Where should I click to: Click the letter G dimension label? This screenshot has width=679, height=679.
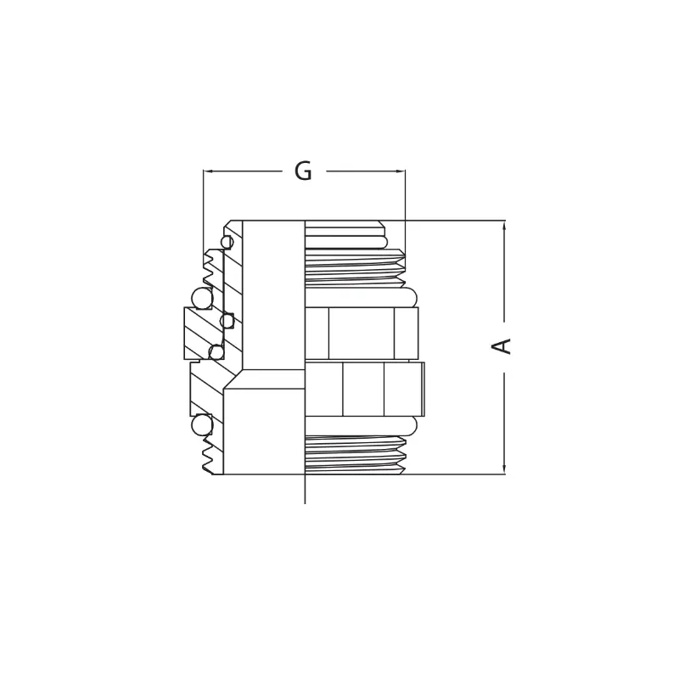pos(303,171)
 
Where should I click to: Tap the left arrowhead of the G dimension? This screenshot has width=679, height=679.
pos(207,171)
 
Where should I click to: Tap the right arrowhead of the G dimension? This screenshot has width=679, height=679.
pos(401,171)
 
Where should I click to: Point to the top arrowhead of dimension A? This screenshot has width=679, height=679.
pos(504,225)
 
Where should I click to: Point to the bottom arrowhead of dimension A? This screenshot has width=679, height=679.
pos(504,469)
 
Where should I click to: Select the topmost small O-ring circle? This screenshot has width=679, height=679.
pos(227,242)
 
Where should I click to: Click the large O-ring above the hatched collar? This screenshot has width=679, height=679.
pos(202,298)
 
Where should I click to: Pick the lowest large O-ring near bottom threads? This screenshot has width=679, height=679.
pos(202,424)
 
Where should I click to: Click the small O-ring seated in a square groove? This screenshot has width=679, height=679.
pos(227,321)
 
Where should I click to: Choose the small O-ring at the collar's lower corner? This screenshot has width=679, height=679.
pos(216,351)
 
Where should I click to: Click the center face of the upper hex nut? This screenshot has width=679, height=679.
pos(361,333)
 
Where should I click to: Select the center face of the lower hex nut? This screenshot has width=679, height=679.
pos(363,390)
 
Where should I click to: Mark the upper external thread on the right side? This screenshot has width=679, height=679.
pos(355,267)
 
